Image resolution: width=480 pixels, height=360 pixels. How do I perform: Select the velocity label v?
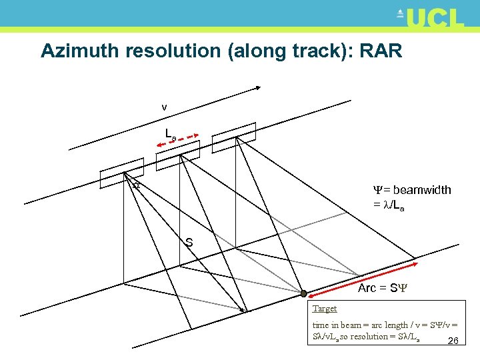pos(164,107)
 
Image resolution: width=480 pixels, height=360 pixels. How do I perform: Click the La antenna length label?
pos(171,133)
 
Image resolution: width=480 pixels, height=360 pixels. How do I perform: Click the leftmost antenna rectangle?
pos(122,173)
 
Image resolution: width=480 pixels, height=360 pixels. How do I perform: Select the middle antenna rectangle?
pos(178,154)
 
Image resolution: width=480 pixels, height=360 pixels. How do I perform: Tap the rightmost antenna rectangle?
pos(234,134)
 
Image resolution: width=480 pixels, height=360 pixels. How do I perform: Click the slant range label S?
pos(189,243)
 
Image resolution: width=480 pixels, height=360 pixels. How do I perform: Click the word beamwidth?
pos(421,190)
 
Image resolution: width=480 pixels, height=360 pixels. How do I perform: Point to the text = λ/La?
pos(389,206)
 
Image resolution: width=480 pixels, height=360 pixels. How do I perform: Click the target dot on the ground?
pos(303,293)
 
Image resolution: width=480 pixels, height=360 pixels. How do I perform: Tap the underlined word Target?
pos(325,309)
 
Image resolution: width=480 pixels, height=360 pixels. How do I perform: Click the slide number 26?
pos(453,341)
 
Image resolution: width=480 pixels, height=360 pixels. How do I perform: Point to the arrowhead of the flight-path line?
pos(259,89)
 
